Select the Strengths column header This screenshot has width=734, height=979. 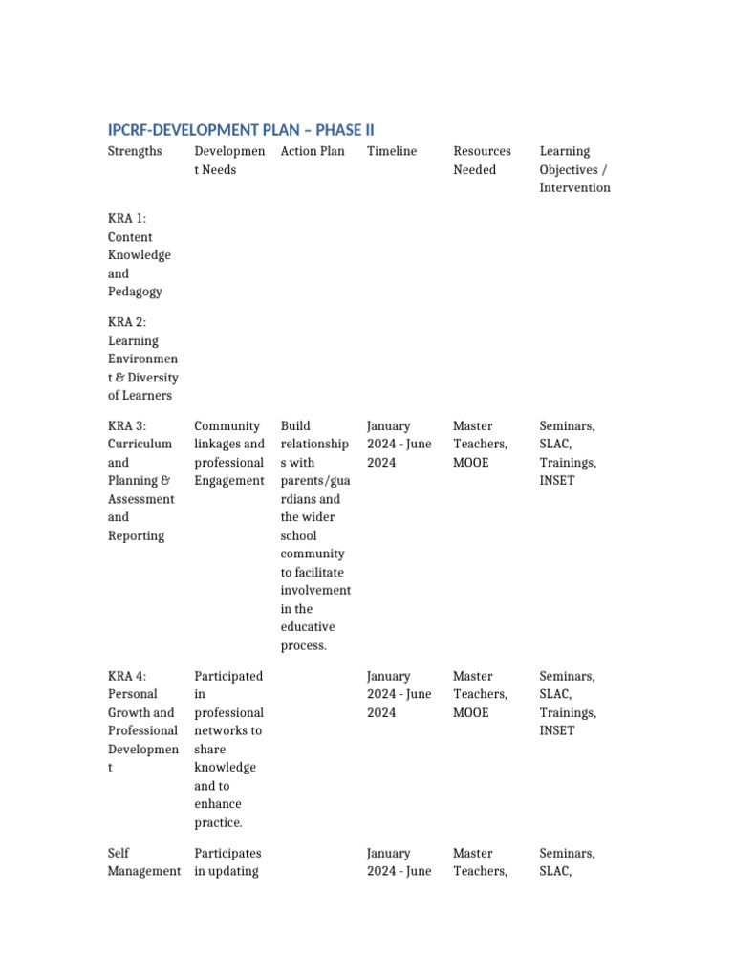click(135, 151)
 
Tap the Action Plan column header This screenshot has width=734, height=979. click(313, 151)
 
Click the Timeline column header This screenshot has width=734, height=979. click(392, 151)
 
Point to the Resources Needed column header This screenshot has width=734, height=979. click(482, 160)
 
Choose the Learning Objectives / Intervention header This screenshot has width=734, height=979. click(574, 169)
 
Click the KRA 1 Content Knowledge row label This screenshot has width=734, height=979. click(140, 254)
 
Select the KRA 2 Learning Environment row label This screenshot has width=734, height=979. click(142, 359)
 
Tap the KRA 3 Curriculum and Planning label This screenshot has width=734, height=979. click(140, 480)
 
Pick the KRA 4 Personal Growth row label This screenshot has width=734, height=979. click(142, 721)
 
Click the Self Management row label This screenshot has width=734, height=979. click(143, 861)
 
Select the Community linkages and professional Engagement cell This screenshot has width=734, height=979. click(229, 453)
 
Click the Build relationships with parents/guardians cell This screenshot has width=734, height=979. click(315, 535)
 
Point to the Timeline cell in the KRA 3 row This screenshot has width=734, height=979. click(399, 444)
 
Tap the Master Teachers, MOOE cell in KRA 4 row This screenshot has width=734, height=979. click(481, 694)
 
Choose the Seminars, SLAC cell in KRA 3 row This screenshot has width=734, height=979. click(568, 453)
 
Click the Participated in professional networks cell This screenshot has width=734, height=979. click(228, 749)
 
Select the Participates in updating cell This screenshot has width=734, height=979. click(227, 861)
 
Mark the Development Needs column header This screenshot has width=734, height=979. click(229, 160)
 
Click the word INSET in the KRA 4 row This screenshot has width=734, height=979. click(557, 730)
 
